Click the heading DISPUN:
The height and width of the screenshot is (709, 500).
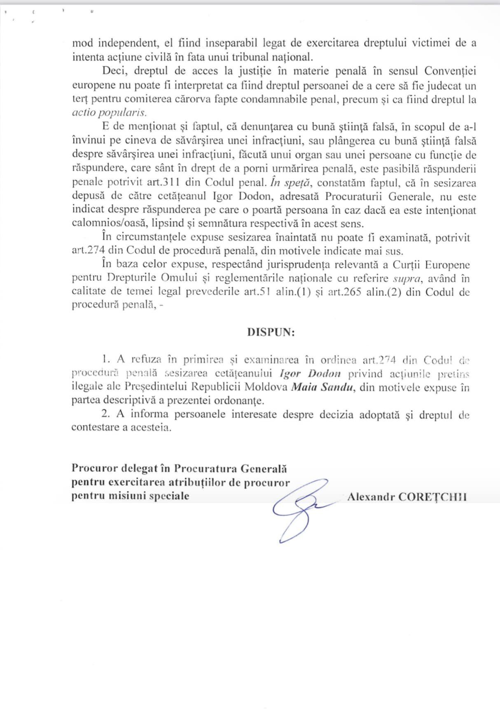(x=271, y=332)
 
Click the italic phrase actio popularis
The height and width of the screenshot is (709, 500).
(x=109, y=113)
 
